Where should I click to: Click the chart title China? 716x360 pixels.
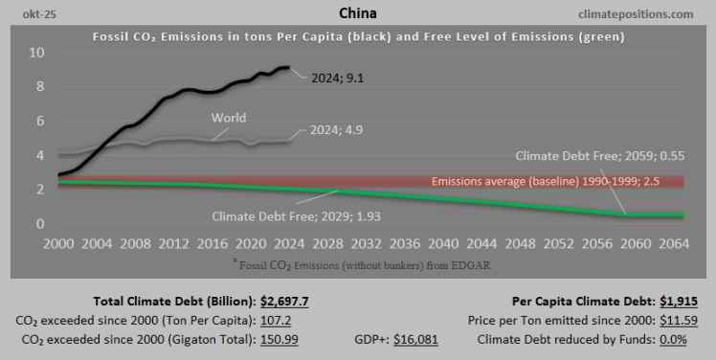coord(358,13)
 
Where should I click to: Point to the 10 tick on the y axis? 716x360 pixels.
coord(35,52)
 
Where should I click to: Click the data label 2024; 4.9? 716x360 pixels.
coord(336,131)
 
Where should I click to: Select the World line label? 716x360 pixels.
coord(228,118)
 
